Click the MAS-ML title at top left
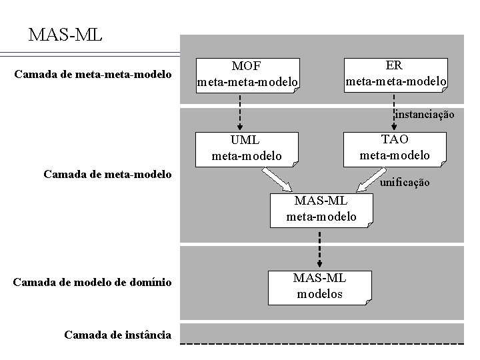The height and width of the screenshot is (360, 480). (65, 34)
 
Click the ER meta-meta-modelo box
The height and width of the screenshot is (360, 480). (395, 74)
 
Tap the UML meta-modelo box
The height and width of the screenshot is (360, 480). (247, 148)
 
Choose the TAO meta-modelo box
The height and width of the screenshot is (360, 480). (395, 147)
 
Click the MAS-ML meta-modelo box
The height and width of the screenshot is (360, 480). (321, 209)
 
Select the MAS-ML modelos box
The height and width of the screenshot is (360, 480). (319, 285)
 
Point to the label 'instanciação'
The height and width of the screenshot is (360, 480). (425, 115)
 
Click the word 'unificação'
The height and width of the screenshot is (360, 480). (405, 182)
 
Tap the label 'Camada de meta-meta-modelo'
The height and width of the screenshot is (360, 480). (93, 73)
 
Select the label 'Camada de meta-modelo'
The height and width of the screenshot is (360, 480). (107, 175)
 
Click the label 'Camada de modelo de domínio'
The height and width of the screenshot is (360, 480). (93, 282)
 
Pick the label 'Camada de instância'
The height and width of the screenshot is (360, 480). (117, 335)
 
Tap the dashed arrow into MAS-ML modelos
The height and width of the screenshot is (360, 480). (319, 247)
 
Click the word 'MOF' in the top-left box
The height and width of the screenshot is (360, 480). (246, 67)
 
